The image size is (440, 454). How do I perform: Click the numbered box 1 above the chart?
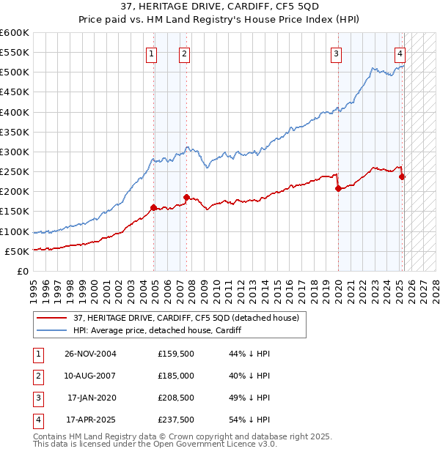[x=151, y=53]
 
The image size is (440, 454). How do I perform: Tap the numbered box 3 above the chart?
[x=336, y=53]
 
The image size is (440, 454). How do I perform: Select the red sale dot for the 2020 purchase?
[x=338, y=188]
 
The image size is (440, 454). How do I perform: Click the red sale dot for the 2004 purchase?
[x=153, y=207]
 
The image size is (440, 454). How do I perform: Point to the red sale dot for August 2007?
[x=186, y=197]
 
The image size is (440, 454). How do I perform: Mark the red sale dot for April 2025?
[x=402, y=176]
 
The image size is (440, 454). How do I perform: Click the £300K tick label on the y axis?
[x=14, y=152]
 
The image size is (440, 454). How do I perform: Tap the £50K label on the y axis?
[x=17, y=251]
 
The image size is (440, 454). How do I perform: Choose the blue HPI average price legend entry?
[x=157, y=331]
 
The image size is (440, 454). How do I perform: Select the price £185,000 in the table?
[x=176, y=376]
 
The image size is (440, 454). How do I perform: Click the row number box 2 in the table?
[x=37, y=376]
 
